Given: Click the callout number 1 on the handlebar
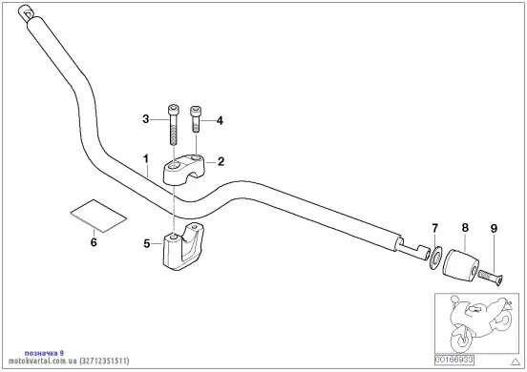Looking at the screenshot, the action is point(146,158).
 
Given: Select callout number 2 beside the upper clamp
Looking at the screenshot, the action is point(221,162).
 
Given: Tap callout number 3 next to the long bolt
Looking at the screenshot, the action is point(145,119).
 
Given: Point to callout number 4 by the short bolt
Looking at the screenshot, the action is point(220,120).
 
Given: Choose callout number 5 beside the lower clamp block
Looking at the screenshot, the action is point(146,243).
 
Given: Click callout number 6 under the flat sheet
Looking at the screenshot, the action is point(94,242).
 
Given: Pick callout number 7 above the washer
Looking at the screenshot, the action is point(435,228).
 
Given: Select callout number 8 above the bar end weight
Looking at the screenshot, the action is point(465,228).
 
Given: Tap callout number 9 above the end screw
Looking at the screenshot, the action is point(494,229).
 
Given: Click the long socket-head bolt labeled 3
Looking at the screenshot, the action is point(173,124).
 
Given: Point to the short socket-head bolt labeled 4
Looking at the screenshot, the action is point(196,118).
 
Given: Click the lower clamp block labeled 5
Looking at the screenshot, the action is point(184,245).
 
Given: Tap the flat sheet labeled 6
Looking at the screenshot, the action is point(99,216).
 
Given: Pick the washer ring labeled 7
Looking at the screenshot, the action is point(434,258).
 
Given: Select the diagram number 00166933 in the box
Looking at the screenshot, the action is point(454,360).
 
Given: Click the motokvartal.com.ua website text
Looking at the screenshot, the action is point(43,361).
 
